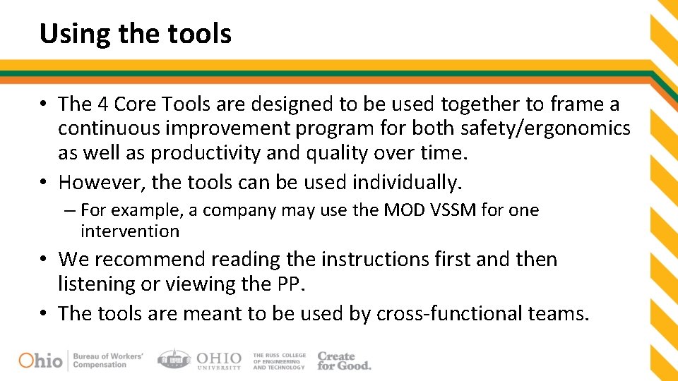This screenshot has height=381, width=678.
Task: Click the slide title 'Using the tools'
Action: (135, 33)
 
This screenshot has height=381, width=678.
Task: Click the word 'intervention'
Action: (130, 231)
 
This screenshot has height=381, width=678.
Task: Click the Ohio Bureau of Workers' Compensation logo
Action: (81, 360)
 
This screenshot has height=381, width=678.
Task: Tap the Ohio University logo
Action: (199, 360)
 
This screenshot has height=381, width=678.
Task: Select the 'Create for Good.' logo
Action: (344, 361)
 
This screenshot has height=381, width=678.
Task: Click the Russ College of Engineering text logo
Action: (279, 361)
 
